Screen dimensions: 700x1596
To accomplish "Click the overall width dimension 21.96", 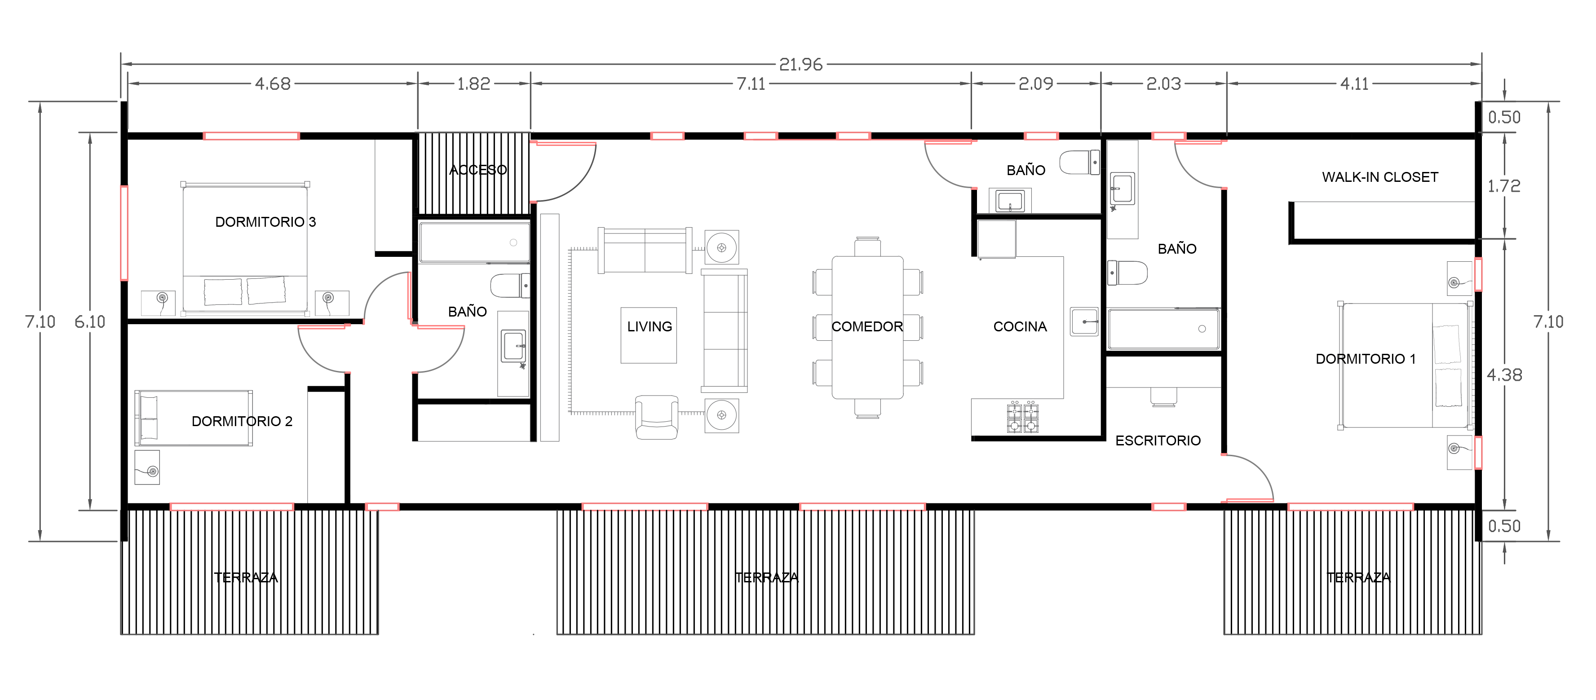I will [800, 64].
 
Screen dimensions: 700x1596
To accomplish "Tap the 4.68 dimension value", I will [273, 84].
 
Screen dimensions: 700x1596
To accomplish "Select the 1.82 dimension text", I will [473, 84].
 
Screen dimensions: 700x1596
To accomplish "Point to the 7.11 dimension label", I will [751, 84].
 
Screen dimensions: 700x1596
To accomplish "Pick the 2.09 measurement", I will [1035, 84].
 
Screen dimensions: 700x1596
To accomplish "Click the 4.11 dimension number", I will [1354, 84].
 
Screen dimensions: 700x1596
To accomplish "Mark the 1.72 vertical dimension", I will [1503, 186].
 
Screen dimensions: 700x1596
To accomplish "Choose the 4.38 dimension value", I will [1503, 375].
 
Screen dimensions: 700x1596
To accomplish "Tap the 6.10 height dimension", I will [90, 321].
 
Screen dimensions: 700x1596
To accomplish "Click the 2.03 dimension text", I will [1163, 84].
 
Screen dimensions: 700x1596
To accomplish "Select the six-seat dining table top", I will [867, 327].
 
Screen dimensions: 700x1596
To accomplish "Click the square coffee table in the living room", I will [648, 335].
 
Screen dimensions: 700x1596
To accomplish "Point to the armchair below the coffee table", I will [656, 418].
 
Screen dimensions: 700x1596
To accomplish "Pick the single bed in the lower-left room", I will [193, 418].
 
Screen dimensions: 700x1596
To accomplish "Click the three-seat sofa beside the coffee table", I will [724, 330].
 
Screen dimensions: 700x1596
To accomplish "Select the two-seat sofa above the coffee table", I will [644, 250].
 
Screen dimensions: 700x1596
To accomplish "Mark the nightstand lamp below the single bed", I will [152, 471].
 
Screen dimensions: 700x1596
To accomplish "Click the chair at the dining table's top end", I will [867, 247].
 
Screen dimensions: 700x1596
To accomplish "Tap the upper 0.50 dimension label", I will [1503, 117].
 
